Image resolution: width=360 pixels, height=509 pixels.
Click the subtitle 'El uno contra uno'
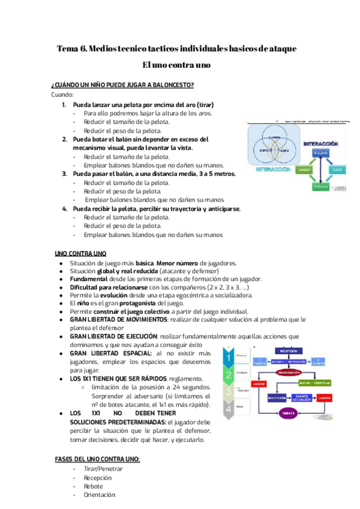coord(177,64)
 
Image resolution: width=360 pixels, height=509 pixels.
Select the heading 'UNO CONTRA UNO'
coord(80,253)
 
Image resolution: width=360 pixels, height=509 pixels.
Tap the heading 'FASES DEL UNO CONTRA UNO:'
coord(97,459)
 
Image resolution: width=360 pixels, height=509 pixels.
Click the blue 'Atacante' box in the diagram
coord(320,153)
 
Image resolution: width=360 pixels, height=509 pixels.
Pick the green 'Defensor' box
coord(319,186)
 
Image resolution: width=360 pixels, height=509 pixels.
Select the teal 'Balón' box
coord(337,170)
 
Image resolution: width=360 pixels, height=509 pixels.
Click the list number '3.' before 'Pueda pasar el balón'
coord(65,173)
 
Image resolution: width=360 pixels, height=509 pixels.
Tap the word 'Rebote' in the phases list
coord(94,487)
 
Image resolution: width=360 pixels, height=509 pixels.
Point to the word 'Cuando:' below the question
coord(62,95)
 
